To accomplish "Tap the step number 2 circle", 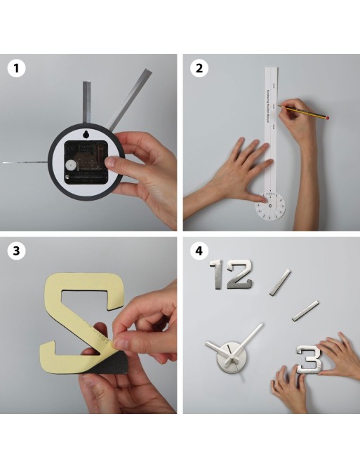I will [x=199, y=69].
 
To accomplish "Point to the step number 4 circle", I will [x=199, y=250].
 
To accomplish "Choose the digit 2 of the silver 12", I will [x=239, y=274].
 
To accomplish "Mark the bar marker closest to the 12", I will [x=281, y=282].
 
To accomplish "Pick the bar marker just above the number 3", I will [x=305, y=311].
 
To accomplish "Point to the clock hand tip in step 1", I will [x=7, y=163].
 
